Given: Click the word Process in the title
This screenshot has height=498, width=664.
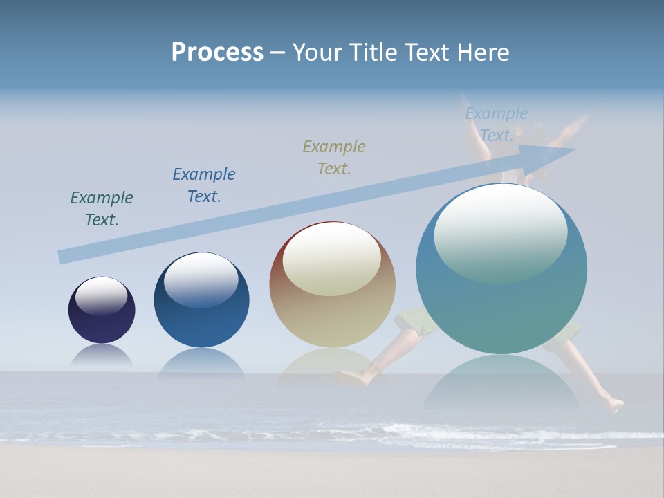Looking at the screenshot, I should pos(217,53).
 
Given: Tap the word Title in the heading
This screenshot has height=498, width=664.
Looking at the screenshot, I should pos(373,53).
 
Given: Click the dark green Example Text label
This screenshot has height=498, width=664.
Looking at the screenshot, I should pos(102,208).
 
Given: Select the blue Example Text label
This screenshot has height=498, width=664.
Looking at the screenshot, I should pos(204,185).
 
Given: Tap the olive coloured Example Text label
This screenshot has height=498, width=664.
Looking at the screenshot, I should pos(334,157).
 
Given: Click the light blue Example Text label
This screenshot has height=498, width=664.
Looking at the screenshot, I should pos(496,124).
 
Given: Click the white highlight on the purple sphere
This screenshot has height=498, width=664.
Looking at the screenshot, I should pos(102,295).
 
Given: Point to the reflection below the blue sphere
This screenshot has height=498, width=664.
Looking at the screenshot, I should pos(201,364).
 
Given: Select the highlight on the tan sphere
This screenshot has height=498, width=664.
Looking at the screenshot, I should pos(332,257).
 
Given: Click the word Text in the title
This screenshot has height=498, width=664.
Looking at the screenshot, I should pos(427,53).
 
